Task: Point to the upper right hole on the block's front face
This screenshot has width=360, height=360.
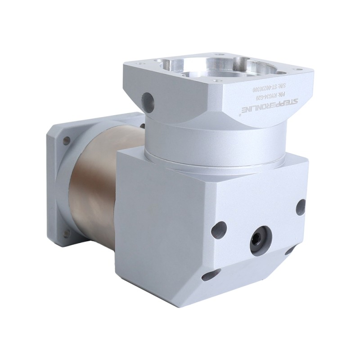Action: tap(301, 207)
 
